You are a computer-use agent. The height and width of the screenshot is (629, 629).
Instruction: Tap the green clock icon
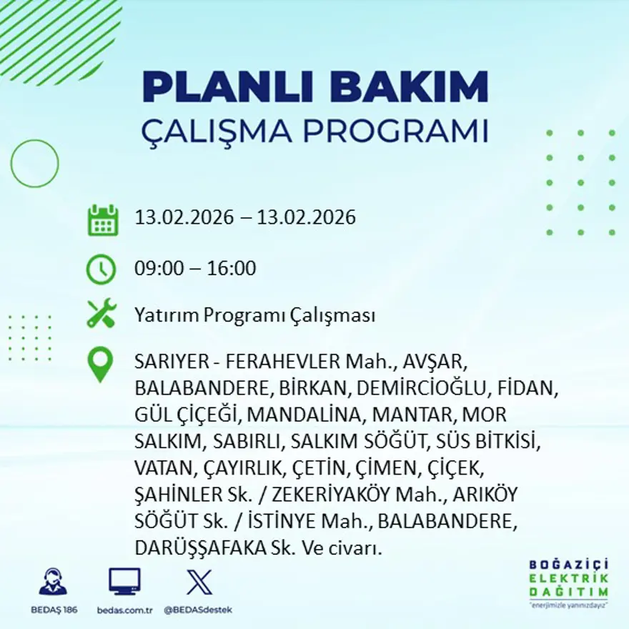(101, 269)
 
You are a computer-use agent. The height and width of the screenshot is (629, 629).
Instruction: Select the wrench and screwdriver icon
(101, 314)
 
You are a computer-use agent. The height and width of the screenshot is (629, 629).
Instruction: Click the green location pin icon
(100, 364)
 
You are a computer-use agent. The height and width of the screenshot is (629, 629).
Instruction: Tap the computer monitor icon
(124, 581)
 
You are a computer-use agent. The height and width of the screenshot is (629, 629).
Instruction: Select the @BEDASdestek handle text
(198, 610)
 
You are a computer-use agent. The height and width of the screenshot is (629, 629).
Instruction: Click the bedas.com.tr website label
(124, 610)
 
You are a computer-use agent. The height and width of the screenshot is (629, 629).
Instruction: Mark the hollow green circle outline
(34, 163)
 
